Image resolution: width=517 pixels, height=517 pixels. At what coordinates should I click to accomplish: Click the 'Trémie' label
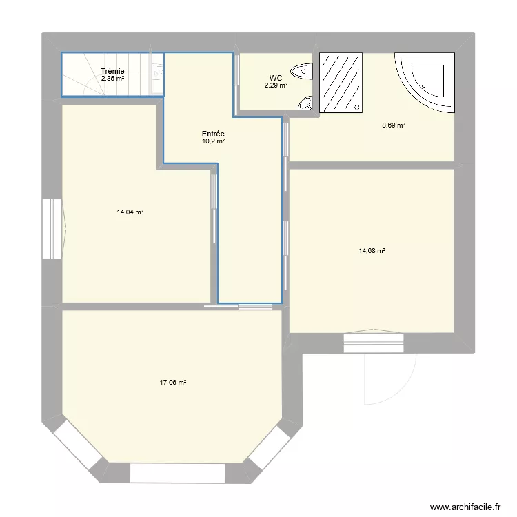pos(112,71)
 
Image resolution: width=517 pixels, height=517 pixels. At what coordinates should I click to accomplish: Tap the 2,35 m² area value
pos(112,79)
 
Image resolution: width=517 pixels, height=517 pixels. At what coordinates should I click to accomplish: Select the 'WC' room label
pos(275,78)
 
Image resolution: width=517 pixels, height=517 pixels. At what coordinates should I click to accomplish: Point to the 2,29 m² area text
pos(275,85)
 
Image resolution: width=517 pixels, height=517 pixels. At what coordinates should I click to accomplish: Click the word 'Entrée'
pos(213,134)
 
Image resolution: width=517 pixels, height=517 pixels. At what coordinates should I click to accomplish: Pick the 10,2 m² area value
pos(213,141)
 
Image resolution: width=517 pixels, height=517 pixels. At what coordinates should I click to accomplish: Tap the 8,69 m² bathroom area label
pos(394,125)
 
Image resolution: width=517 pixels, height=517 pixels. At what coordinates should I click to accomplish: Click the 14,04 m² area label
pos(130,212)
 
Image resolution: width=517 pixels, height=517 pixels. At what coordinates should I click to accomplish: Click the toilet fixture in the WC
pos(302,70)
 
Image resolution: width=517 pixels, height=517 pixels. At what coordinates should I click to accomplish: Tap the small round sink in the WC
pos(305,103)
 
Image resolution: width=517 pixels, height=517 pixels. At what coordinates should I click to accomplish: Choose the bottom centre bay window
pos(177,473)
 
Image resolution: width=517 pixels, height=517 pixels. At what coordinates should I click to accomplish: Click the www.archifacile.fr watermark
pos(465,507)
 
